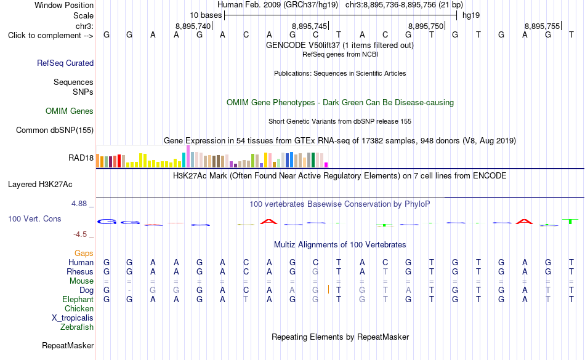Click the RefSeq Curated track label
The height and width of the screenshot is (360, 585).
click(65, 63)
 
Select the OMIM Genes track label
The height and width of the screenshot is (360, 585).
click(70, 111)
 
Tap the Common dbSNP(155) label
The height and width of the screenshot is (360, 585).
click(55, 130)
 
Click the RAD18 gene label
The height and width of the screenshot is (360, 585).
click(81, 158)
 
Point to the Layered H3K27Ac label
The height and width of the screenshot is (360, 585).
click(40, 185)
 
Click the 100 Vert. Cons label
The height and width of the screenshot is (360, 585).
click(34, 218)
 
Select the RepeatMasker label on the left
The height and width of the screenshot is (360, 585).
click(68, 345)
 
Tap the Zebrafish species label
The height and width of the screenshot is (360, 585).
click(77, 327)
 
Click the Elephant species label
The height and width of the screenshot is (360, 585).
click(78, 299)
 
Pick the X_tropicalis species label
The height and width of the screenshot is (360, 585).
click(73, 318)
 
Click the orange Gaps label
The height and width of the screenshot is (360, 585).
click(84, 254)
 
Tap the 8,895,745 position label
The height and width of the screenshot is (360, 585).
click(309, 26)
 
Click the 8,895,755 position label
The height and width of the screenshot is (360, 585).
click(542, 26)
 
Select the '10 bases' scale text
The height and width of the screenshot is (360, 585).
click(206, 15)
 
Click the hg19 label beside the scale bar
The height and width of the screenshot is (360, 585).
click(471, 15)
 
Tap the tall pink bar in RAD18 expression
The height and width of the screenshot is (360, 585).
click(188, 156)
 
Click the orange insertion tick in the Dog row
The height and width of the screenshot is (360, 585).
click(328, 289)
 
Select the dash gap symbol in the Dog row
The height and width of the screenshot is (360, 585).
click(129, 290)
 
